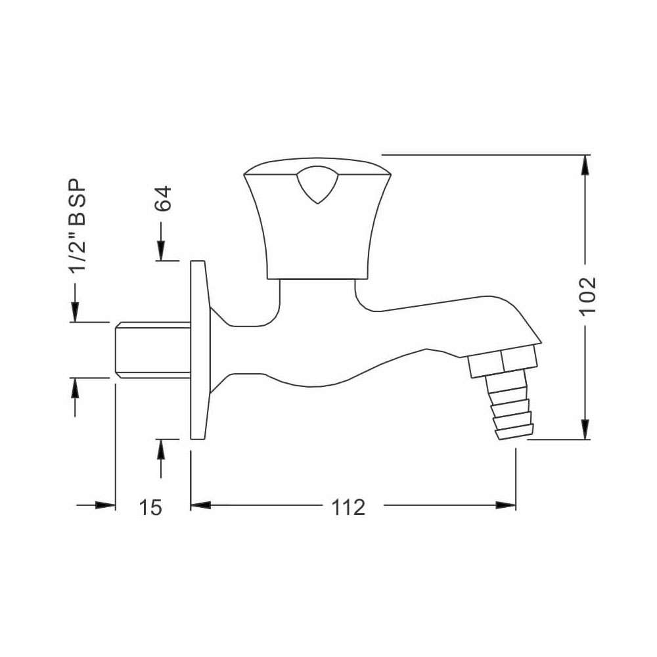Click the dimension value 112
pyautogui.click(x=348, y=508)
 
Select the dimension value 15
pyautogui.click(x=150, y=508)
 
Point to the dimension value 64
pyautogui.click(x=162, y=198)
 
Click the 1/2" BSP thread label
pyautogui.click(x=78, y=225)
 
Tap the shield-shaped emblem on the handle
pyautogui.click(x=317, y=185)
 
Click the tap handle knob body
pyautogui.click(x=317, y=218)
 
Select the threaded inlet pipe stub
pyautogui.click(x=152, y=350)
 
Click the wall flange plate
pyautogui.click(x=198, y=350)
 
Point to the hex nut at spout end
pyautogui.click(x=503, y=360)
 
